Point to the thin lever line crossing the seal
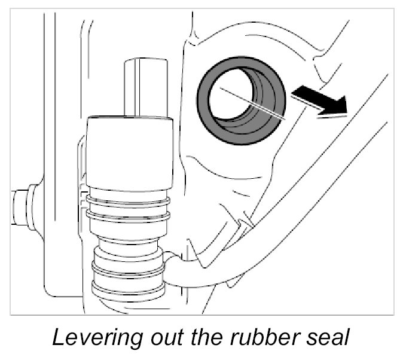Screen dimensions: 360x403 click(x=251, y=102)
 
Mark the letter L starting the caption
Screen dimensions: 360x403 click(x=59, y=338)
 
